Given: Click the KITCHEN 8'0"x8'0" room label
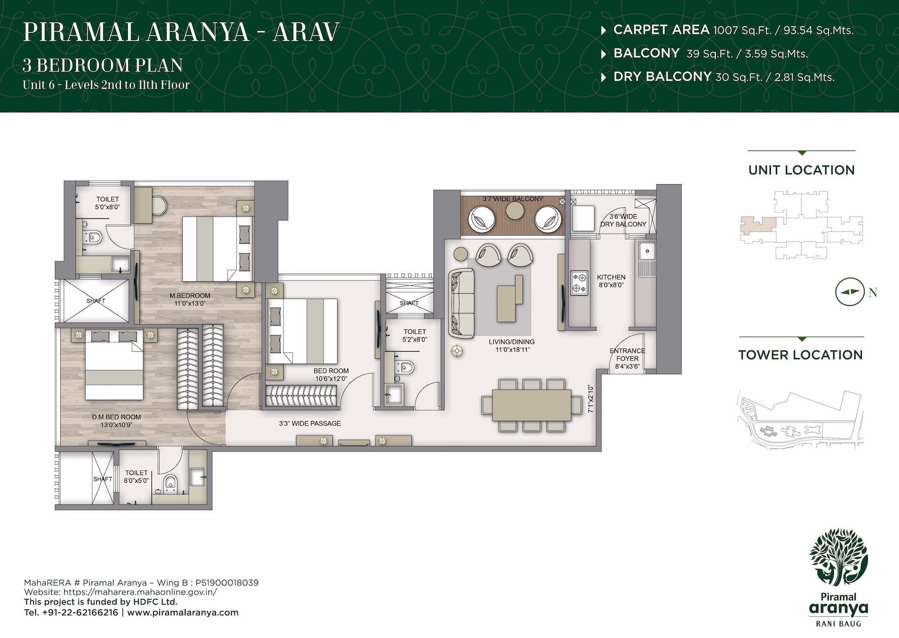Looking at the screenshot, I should point(611,281).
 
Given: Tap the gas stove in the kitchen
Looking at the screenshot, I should point(579,283).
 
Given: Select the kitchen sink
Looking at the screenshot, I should point(647,251).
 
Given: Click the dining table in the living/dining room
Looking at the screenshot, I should point(532,405).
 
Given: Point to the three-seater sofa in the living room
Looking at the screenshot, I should point(461,303).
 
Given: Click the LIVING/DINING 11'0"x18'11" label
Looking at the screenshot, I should point(512,345).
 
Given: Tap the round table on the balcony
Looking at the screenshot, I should point(515,210).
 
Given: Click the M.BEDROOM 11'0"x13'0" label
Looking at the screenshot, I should point(190,299).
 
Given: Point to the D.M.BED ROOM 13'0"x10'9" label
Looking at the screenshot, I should point(117,421).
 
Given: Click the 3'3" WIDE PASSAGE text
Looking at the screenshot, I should point(310,423).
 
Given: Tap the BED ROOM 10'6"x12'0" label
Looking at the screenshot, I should point(331,375).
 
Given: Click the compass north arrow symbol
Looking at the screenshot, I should point(849,292).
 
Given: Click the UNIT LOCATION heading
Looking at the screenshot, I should point(801,170).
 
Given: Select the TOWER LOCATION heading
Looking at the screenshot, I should point(800,355).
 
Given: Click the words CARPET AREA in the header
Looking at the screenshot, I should point(661,30).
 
